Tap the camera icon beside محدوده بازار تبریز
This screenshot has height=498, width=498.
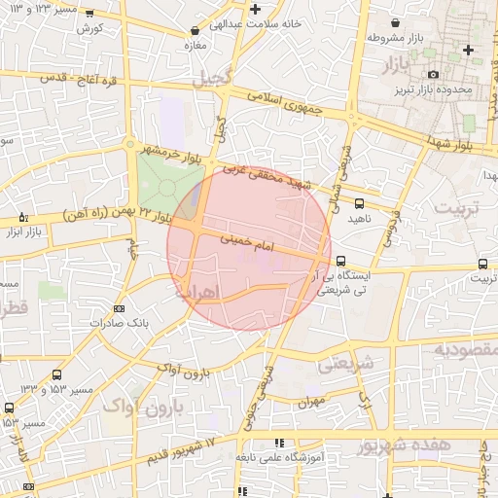click(x=434, y=74)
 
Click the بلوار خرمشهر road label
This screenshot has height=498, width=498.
click(x=170, y=152)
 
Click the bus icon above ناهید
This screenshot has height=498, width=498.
click(x=360, y=203)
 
